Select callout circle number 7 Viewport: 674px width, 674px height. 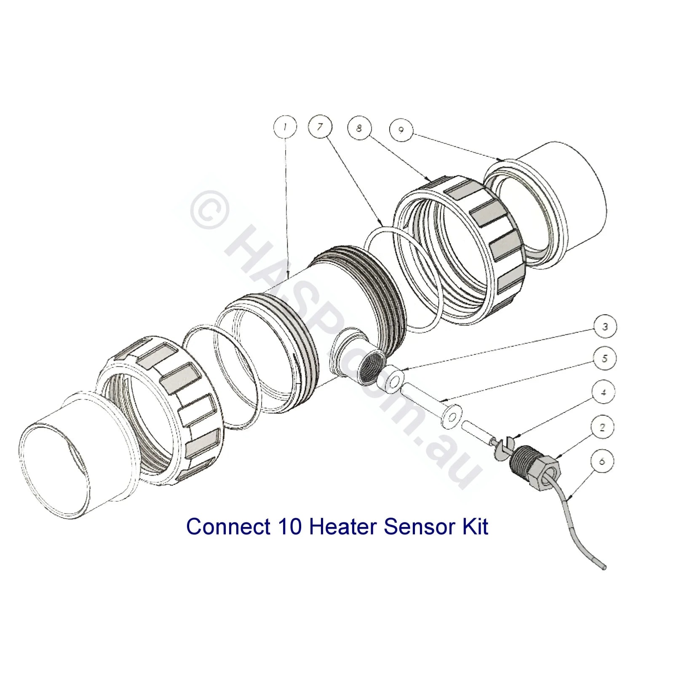(x=320, y=126)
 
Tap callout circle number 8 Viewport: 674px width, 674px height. (x=359, y=128)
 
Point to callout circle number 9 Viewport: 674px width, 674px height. (x=400, y=130)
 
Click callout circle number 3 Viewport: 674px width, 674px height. (x=605, y=327)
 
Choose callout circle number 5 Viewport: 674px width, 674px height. (x=605, y=358)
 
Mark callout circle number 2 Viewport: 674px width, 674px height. (x=602, y=428)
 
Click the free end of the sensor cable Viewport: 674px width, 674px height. (x=605, y=567)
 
